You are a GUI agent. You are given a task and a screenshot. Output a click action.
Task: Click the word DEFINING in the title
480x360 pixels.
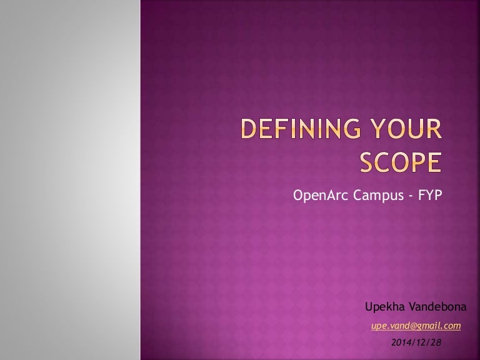pyautogui.click(x=301, y=128)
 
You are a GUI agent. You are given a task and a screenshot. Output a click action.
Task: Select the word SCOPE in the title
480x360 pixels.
pyautogui.click(x=401, y=162)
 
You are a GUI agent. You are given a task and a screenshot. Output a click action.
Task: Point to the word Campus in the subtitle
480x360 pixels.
pyautogui.click(x=378, y=195)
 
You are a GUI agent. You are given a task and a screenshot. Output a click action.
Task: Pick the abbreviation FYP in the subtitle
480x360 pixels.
pyautogui.click(x=430, y=195)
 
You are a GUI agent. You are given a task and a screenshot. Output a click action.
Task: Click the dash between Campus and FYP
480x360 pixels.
pyautogui.click(x=411, y=196)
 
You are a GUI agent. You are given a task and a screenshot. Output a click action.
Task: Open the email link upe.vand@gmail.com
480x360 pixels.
pyautogui.click(x=416, y=326)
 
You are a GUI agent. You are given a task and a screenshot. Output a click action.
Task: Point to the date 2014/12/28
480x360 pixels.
pyautogui.click(x=416, y=342)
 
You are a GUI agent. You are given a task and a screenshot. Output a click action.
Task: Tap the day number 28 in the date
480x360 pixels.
pyautogui.click(x=436, y=342)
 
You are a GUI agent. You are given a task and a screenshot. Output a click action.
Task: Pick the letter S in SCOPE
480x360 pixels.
pyautogui.click(x=366, y=162)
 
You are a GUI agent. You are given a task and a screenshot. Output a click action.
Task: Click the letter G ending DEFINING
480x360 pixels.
pyautogui.click(x=352, y=129)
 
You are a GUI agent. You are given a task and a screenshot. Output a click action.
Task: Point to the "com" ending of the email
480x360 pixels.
pyautogui.click(x=452, y=326)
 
